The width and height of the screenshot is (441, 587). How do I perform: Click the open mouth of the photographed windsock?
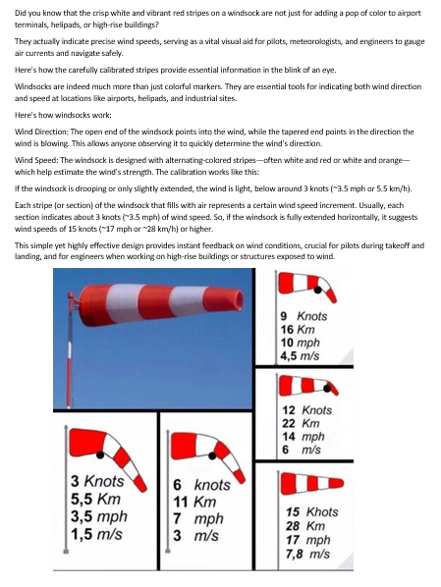pyautogui.click(x=239, y=299)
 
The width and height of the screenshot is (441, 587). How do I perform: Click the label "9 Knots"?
pyautogui.click(x=303, y=316)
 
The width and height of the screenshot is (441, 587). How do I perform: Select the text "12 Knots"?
pyautogui.click(x=307, y=410)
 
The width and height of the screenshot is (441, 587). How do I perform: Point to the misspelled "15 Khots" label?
pyautogui.click(x=312, y=511)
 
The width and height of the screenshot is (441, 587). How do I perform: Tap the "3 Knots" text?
pyautogui.click(x=97, y=481)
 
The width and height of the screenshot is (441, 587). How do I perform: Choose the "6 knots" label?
pyautogui.click(x=201, y=485)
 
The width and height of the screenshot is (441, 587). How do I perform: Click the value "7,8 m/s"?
pyautogui.click(x=308, y=554)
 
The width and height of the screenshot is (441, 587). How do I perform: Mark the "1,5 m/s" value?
pyautogui.click(x=96, y=534)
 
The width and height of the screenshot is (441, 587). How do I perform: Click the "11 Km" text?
pyautogui.click(x=194, y=502)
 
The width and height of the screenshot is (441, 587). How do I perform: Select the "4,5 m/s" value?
pyautogui.click(x=300, y=355)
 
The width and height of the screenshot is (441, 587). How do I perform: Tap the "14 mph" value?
pyautogui.click(x=303, y=437)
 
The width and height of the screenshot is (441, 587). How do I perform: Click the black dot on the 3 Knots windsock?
pyautogui.click(x=100, y=455)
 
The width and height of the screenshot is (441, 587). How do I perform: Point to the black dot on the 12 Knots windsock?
pyautogui.click(x=327, y=389)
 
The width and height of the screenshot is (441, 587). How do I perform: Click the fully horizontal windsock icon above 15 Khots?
pyautogui.click(x=312, y=483)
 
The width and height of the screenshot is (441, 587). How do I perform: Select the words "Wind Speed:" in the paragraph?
pyautogui.click(x=36, y=160)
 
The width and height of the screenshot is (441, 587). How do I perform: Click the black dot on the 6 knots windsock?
pyautogui.click(x=212, y=455)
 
